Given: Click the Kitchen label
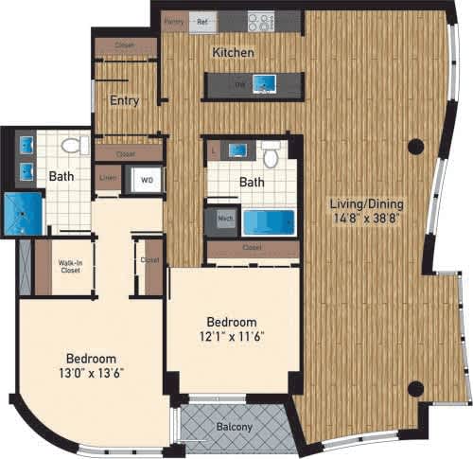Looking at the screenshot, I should click(233, 53).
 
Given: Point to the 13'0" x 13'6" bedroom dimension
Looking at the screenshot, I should click(92, 373).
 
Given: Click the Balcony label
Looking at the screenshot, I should click(235, 428).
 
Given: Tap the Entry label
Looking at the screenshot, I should click(124, 101).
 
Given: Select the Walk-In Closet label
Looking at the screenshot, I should click(64, 268).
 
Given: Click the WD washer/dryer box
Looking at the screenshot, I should click(147, 179).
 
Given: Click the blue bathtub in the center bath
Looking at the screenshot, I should click(269, 222).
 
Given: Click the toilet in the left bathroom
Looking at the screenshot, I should click(70, 147).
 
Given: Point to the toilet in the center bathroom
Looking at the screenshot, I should click(272, 155).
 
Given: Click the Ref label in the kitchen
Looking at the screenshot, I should click(201, 19).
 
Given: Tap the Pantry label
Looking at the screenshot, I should click(173, 19).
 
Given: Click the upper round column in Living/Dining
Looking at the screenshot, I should click(414, 147).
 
